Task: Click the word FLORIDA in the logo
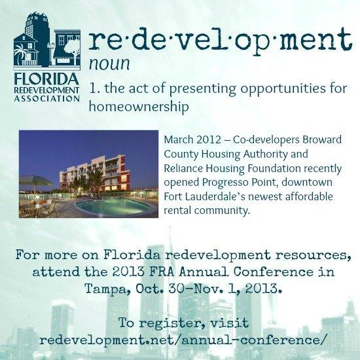click(x=46, y=79)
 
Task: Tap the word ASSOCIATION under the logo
click(x=47, y=99)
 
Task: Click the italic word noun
click(x=109, y=64)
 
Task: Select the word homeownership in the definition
click(x=139, y=107)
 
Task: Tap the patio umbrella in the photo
click(x=35, y=181)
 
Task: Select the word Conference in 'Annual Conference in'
click(x=273, y=272)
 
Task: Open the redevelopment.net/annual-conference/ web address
click(x=183, y=340)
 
